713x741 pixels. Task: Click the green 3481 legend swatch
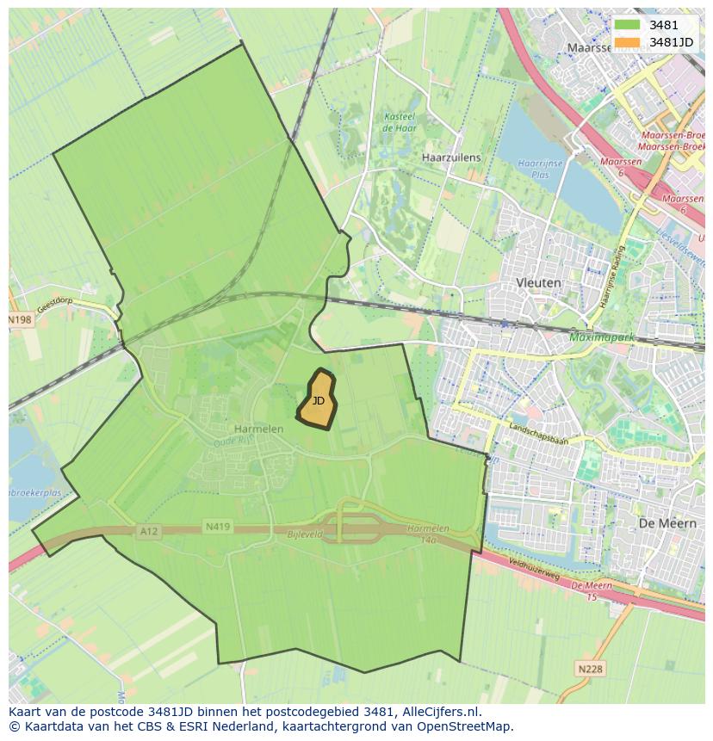(628, 25)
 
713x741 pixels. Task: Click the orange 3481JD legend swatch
(628, 41)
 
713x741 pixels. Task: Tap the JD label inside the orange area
(319, 400)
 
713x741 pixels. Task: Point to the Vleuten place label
(538, 282)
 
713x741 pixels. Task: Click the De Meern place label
(661, 523)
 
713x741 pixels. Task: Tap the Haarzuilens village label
(451, 158)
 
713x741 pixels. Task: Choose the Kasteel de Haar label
(400, 122)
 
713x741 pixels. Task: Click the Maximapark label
(601, 337)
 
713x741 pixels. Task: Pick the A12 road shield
(148, 532)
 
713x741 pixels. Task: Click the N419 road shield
(218, 526)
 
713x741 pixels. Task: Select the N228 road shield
(590, 668)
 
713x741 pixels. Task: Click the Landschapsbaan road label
(539, 428)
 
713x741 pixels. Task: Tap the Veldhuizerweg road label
(535, 571)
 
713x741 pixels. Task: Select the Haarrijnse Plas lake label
(540, 168)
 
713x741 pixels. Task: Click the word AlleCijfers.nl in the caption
(440, 712)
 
